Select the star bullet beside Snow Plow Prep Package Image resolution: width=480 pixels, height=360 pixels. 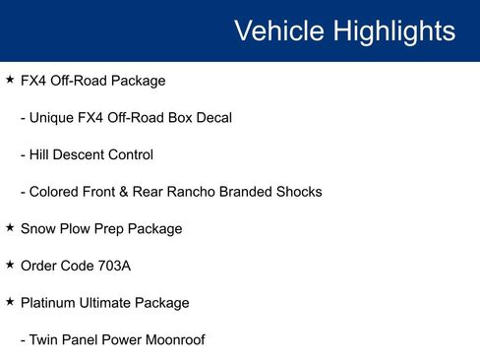click(10, 228)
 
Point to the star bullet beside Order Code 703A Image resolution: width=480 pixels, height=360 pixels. click(10, 266)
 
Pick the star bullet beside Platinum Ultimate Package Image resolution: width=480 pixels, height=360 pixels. click(10, 302)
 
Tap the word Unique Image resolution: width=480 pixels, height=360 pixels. click(54, 117)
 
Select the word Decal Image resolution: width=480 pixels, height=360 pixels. click(211, 117)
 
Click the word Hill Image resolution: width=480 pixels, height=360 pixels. click(41, 154)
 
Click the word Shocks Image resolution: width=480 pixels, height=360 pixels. click(297, 192)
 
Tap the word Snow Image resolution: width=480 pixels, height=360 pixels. click(37, 228)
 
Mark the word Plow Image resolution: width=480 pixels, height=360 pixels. click(76, 228)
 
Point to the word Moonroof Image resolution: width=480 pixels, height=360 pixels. click(173, 340)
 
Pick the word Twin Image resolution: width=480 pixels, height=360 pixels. click(45, 340)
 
